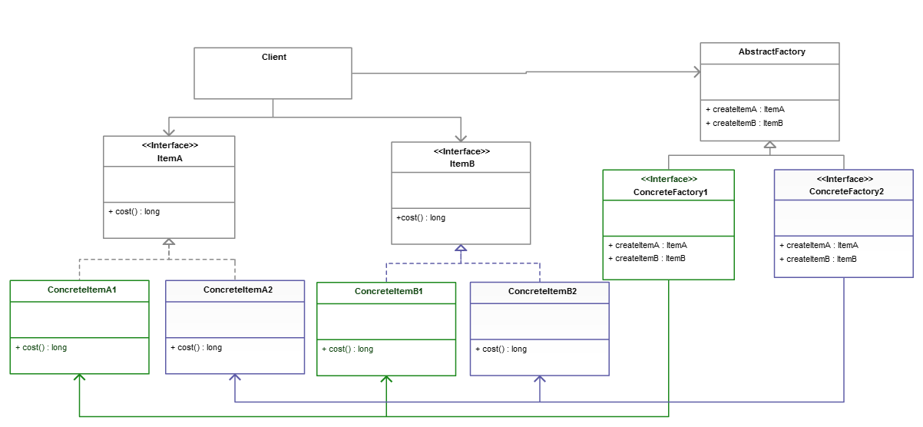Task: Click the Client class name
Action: tap(273, 57)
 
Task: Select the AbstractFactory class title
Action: tap(769, 52)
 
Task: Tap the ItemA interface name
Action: tap(169, 158)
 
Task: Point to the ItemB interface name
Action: tap(461, 164)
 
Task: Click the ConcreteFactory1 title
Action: tap(668, 192)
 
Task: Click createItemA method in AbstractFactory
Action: tap(744, 109)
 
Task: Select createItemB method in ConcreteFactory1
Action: tap(646, 258)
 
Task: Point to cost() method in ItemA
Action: tap(134, 211)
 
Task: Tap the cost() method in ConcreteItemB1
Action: tap(347, 349)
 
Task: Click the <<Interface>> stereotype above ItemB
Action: tap(461, 151)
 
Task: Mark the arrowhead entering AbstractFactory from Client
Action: tap(696, 72)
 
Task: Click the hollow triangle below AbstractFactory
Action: tap(769, 145)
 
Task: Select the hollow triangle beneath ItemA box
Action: tap(169, 243)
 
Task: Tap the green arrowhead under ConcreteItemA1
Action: tap(79, 378)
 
